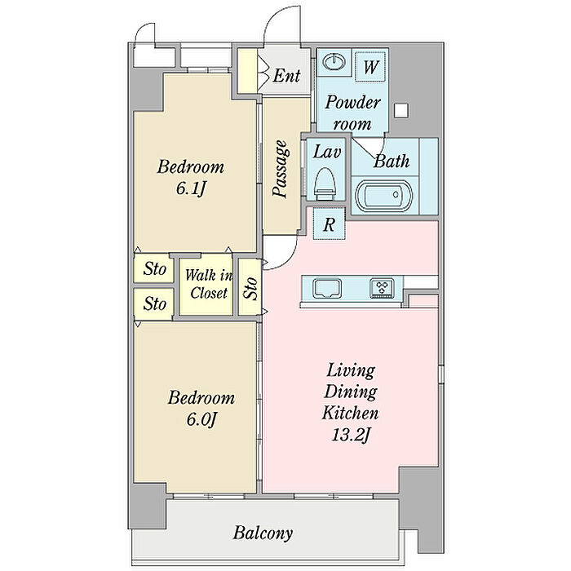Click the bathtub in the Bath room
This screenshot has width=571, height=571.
tap(384, 196)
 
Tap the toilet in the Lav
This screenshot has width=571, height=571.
tap(325, 184)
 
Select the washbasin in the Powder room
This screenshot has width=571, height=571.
tap(334, 61)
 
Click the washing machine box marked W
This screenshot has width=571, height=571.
tap(370, 66)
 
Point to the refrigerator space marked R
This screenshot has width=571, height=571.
tap(329, 224)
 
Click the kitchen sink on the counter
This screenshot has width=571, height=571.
tap(328, 288)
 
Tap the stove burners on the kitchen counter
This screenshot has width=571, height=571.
tap(382, 288)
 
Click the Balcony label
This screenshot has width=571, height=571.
tap(263, 533)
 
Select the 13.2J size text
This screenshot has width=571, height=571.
tap(350, 435)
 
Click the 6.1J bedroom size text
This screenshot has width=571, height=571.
tap(191, 188)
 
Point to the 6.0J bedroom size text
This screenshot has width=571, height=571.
tap(201, 419)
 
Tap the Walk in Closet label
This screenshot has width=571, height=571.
tap(208, 284)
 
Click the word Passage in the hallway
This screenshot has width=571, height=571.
tap(281, 169)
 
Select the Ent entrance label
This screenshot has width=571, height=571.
tap(286, 76)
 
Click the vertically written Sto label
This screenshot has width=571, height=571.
tap(250, 289)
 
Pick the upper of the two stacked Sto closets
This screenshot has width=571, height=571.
tap(153, 268)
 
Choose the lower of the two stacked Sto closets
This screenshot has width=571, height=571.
tap(153, 303)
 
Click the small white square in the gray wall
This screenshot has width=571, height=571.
tap(401, 110)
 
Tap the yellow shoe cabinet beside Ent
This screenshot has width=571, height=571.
tap(247, 71)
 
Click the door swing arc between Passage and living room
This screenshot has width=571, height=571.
tap(289, 258)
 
